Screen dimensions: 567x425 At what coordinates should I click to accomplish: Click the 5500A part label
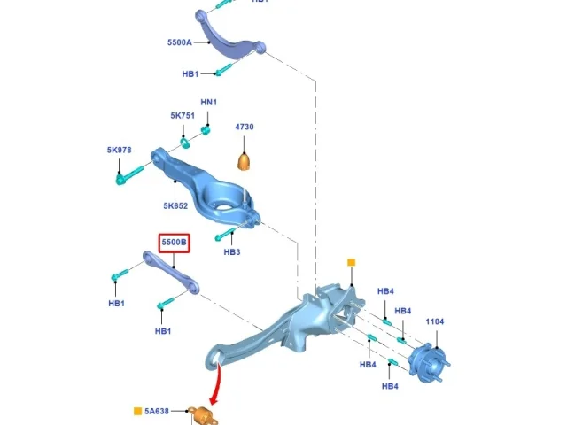[179, 42]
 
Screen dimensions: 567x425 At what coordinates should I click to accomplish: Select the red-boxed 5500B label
[175, 243]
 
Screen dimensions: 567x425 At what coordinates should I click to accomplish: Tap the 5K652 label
[175, 205]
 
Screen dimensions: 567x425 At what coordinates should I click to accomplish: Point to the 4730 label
[245, 127]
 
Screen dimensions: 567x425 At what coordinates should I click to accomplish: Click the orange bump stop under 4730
[245, 161]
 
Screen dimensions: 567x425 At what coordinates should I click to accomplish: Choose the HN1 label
[209, 103]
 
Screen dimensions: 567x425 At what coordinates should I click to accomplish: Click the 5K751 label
[183, 116]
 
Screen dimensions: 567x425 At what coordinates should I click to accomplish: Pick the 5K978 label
[119, 150]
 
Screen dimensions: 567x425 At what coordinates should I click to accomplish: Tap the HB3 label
[232, 251]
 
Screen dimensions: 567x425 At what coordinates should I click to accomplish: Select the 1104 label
[435, 321]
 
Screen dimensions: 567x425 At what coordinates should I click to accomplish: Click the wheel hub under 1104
[429, 362]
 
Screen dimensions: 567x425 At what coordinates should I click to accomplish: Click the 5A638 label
[157, 411]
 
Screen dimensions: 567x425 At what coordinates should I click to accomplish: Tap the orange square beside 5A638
[137, 411]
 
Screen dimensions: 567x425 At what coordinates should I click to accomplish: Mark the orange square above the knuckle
[351, 262]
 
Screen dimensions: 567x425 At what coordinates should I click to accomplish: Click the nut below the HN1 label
[206, 130]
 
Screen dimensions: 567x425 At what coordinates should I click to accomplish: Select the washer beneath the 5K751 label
[185, 143]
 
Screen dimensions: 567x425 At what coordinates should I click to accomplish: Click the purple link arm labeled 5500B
[171, 273]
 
